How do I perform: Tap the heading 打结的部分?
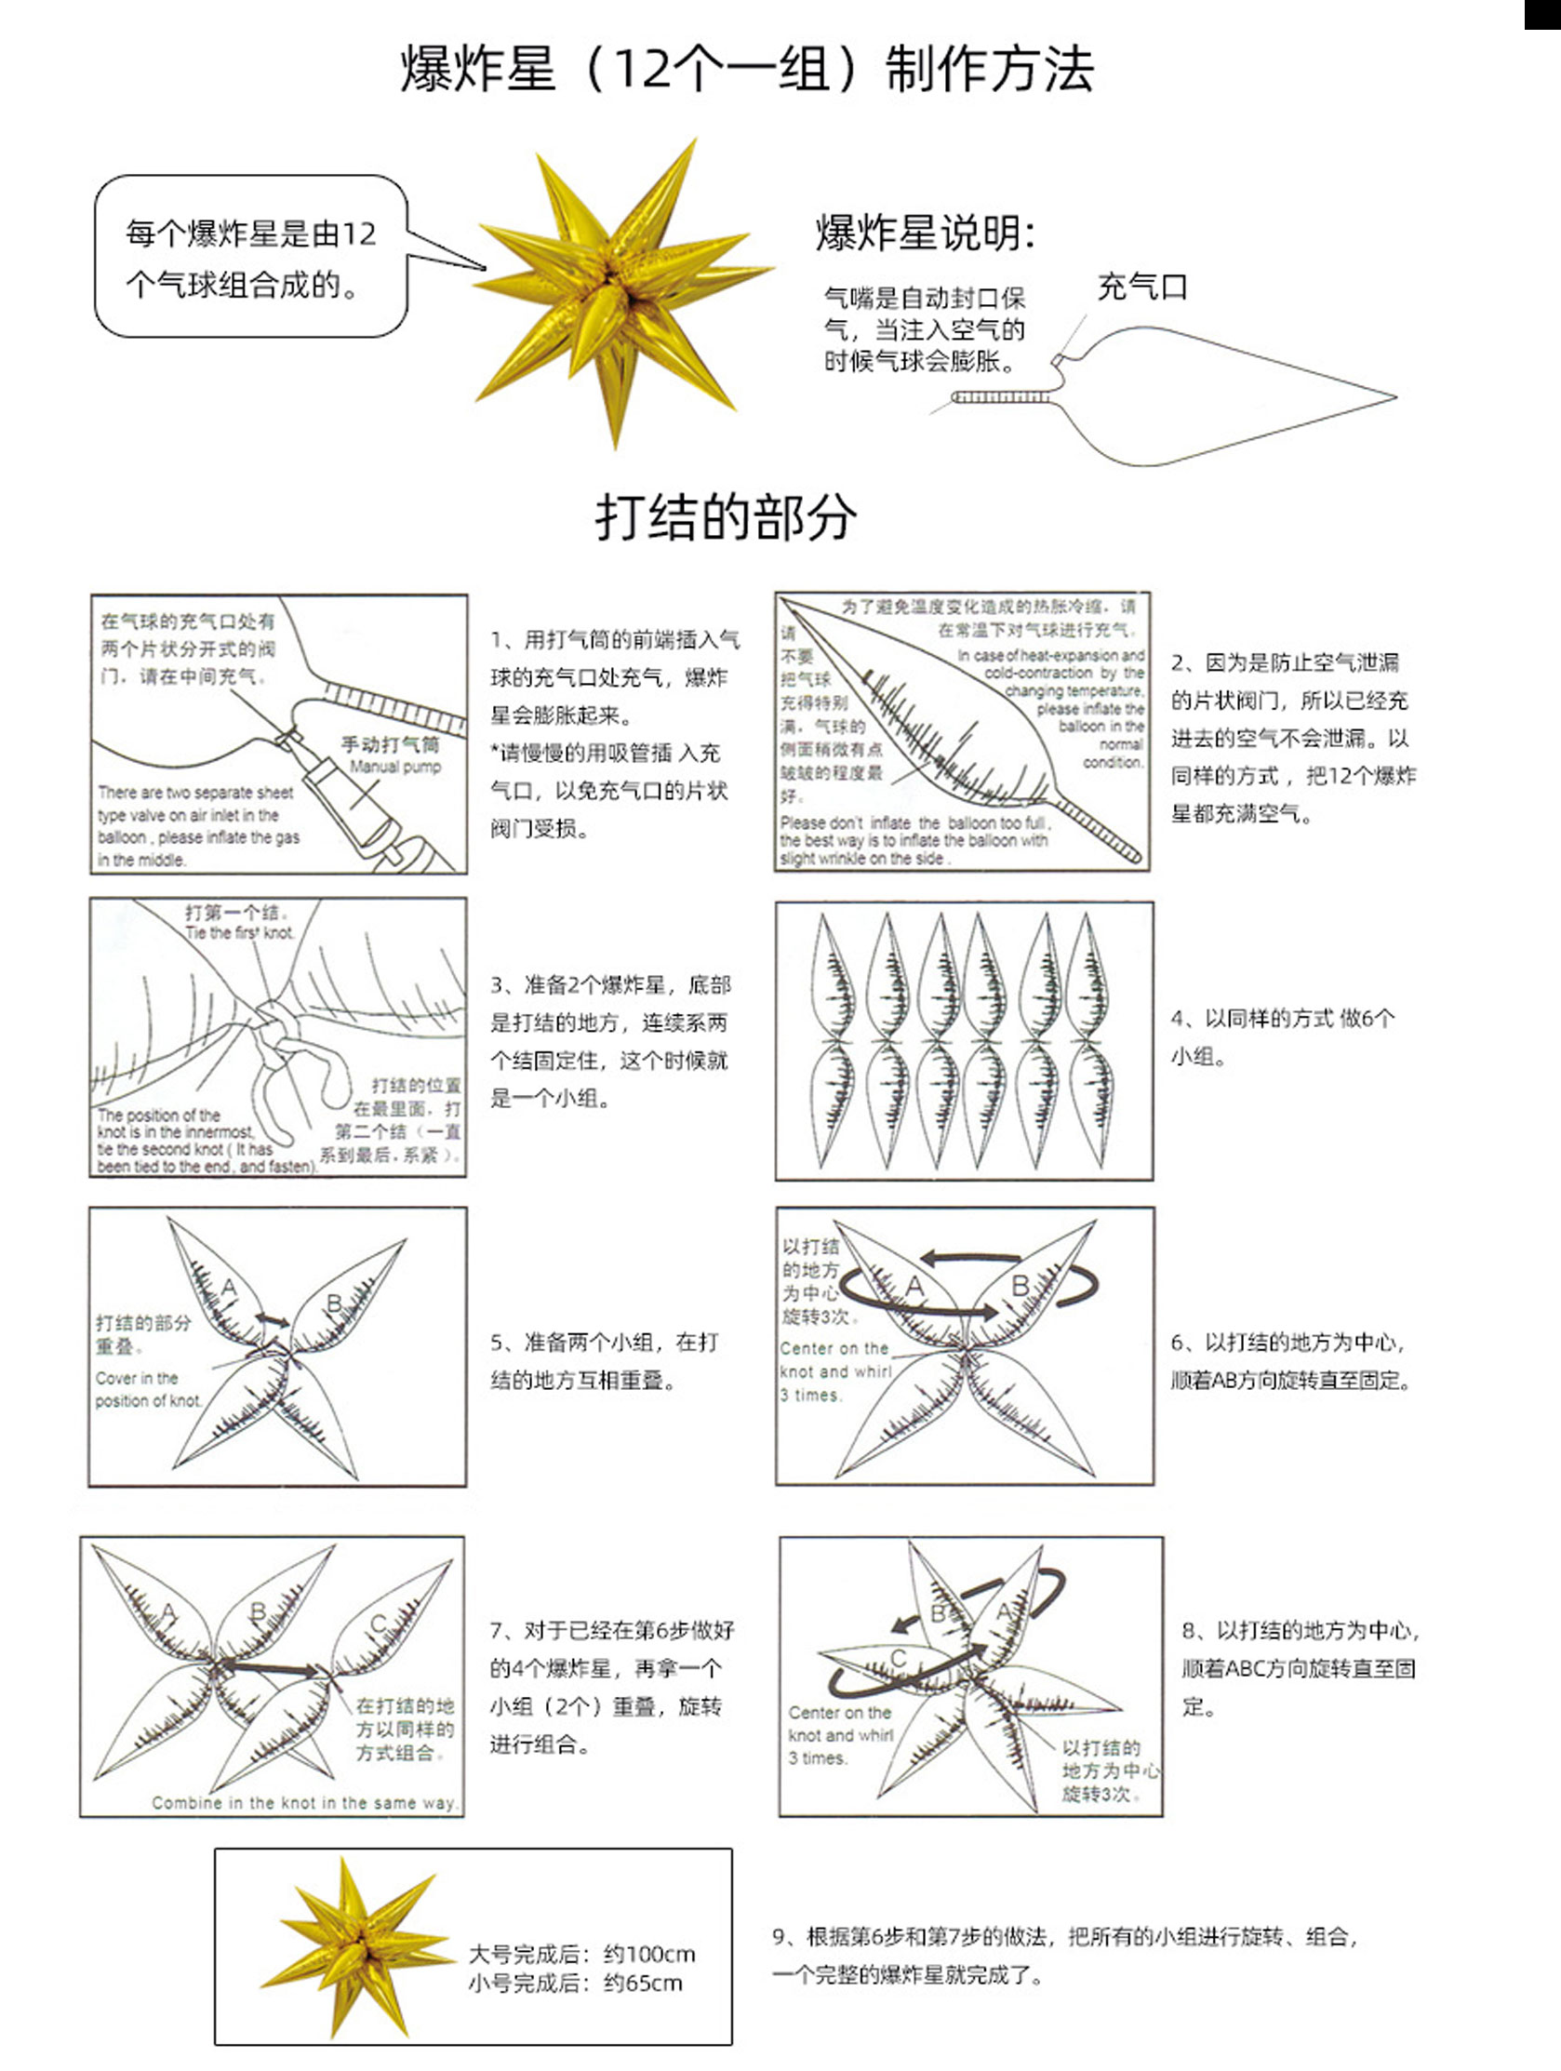(x=726, y=515)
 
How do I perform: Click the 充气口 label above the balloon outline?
(x=1141, y=287)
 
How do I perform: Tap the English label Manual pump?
(x=394, y=767)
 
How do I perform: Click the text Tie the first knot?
(x=239, y=932)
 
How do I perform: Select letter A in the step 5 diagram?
(x=229, y=1289)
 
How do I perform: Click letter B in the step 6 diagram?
(x=1021, y=1287)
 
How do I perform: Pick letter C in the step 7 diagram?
(x=379, y=1623)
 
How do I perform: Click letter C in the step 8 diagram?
(x=898, y=1657)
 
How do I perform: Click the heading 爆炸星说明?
(x=926, y=234)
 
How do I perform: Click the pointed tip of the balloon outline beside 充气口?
(x=1394, y=397)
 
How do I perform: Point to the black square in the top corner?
(x=1542, y=14)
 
